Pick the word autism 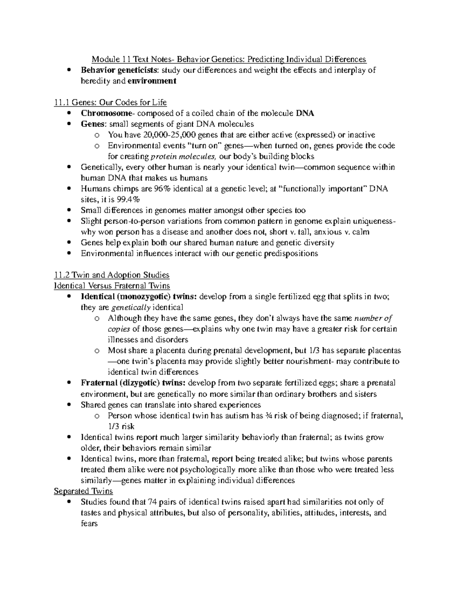click(238, 416)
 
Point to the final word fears click(89, 524)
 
